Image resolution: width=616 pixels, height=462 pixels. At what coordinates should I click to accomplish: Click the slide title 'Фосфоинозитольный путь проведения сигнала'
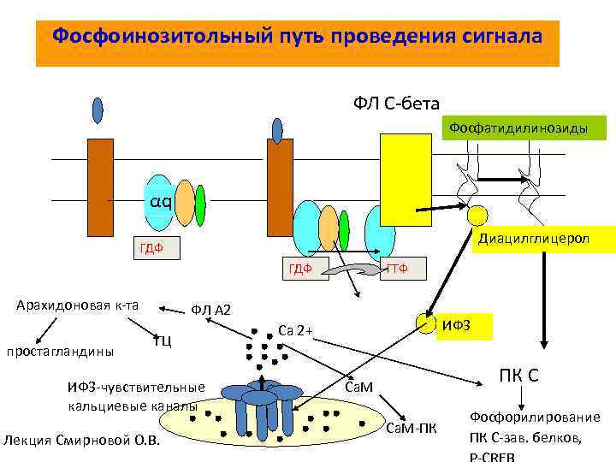297,38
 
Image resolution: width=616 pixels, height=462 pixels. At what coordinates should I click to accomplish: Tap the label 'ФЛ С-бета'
397,104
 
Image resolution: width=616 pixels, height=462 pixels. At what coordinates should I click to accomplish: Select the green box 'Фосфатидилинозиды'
525,128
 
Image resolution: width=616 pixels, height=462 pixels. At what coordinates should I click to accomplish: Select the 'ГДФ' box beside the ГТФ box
299,269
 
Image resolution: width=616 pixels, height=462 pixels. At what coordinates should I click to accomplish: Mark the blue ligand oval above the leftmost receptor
98,110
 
